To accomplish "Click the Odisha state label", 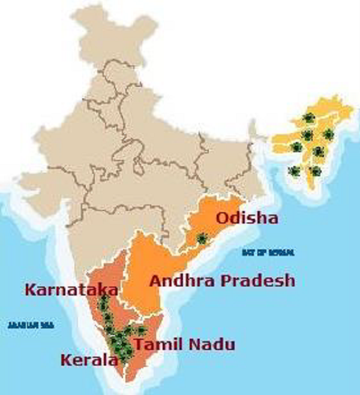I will click(x=247, y=219).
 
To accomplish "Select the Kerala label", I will click(x=88, y=360).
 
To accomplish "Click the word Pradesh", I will click(x=259, y=280).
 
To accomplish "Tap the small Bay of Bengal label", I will click(x=268, y=253).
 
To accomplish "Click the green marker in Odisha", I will click(x=202, y=239).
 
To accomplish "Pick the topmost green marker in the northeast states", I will click(x=308, y=117).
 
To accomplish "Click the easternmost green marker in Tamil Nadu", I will click(x=141, y=330).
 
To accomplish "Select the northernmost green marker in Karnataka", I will click(x=104, y=298).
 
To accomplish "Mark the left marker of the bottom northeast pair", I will click(x=294, y=171).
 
